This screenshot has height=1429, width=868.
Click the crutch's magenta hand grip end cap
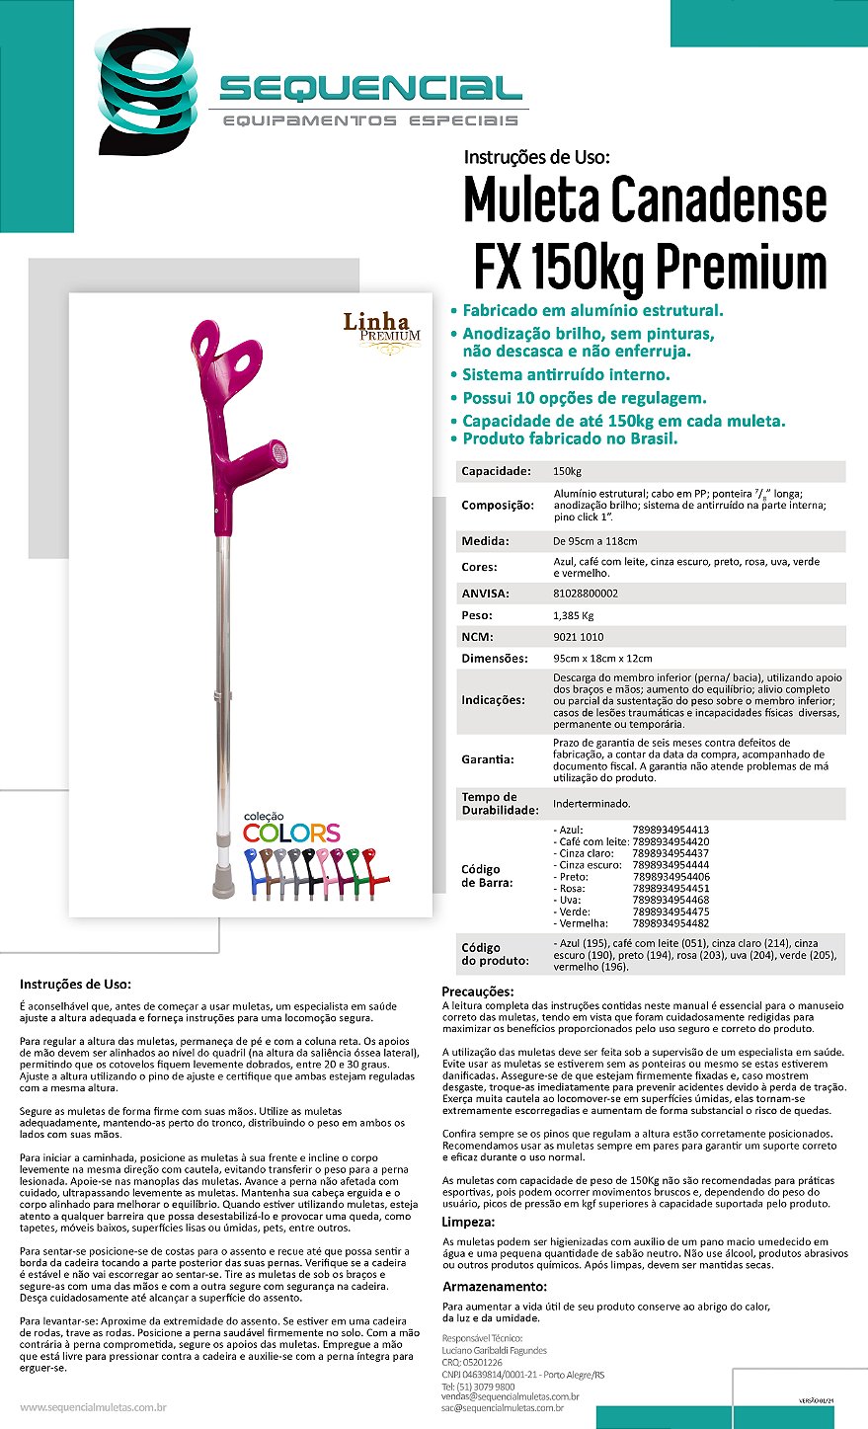click(279, 455)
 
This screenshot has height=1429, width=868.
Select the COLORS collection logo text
click(291, 832)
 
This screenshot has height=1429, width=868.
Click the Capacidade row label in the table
click(496, 471)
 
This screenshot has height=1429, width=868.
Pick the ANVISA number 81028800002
click(586, 594)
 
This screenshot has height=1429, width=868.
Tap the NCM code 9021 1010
click(579, 637)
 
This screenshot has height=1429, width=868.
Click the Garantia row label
click(487, 759)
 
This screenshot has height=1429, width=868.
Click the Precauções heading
click(478, 992)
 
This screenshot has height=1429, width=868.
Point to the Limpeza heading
click(467, 1222)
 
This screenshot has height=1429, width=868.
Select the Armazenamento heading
click(494, 1287)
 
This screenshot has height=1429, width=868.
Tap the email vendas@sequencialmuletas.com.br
click(510, 1396)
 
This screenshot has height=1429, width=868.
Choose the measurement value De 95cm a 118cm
click(594, 541)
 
